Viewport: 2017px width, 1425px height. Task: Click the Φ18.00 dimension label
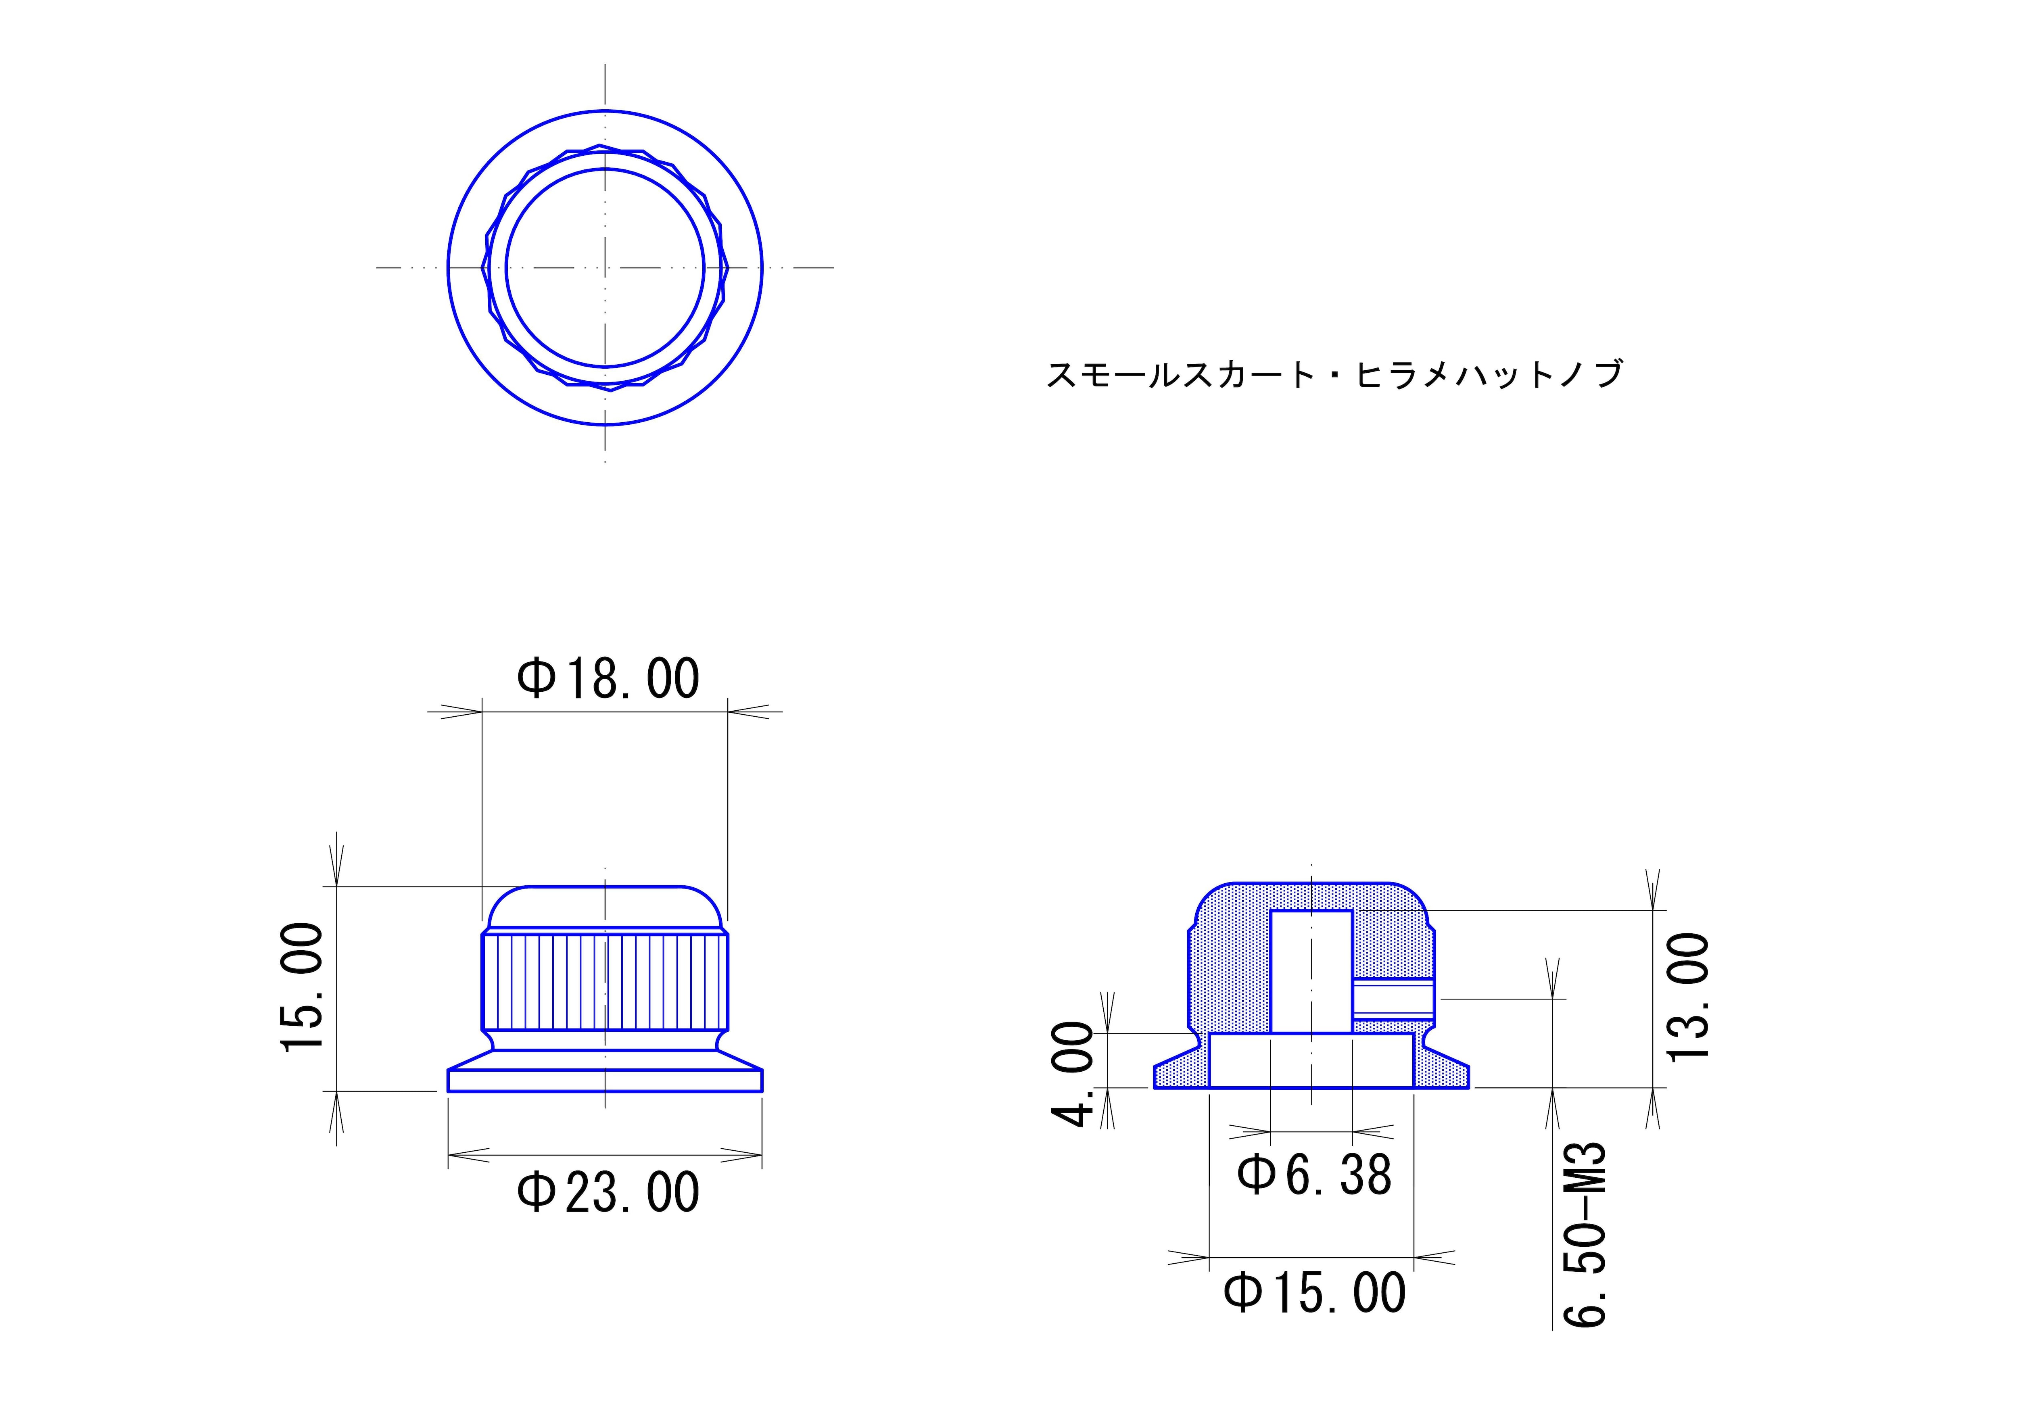pyautogui.click(x=608, y=678)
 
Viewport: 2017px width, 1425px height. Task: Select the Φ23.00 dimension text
pyautogui.click(x=608, y=1193)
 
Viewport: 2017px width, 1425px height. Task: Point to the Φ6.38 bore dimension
pyautogui.click(x=1314, y=1175)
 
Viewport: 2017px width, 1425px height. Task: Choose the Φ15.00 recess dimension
pyautogui.click(x=1314, y=1293)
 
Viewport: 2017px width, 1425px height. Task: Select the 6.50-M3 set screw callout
pyautogui.click(x=1586, y=1234)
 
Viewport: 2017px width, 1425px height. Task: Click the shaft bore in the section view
pyautogui.click(x=1311, y=971)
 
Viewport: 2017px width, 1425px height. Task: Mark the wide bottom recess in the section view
pyautogui.click(x=1311, y=1060)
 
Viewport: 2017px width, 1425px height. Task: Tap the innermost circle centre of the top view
pyautogui.click(x=605, y=267)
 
